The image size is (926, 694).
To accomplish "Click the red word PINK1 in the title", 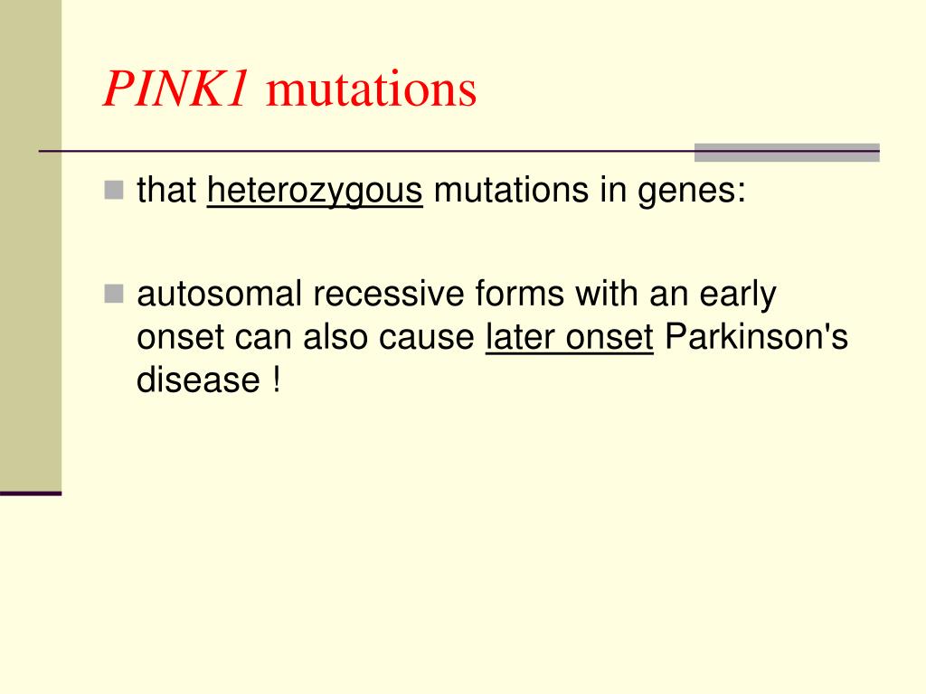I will [x=175, y=90].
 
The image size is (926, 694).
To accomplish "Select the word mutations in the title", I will [x=371, y=90].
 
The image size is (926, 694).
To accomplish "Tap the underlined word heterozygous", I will [x=315, y=192].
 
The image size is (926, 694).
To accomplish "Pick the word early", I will [x=740, y=295].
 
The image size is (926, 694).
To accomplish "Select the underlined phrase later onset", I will [x=569, y=337].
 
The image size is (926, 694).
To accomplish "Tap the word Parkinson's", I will [x=756, y=337].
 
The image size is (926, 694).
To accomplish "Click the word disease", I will [x=197, y=380].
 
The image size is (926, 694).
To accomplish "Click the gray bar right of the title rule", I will [x=787, y=153].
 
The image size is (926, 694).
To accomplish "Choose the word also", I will [x=335, y=337].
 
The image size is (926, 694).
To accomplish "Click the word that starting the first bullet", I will [x=166, y=191].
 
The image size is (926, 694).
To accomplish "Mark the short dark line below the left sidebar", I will [x=31, y=493].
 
